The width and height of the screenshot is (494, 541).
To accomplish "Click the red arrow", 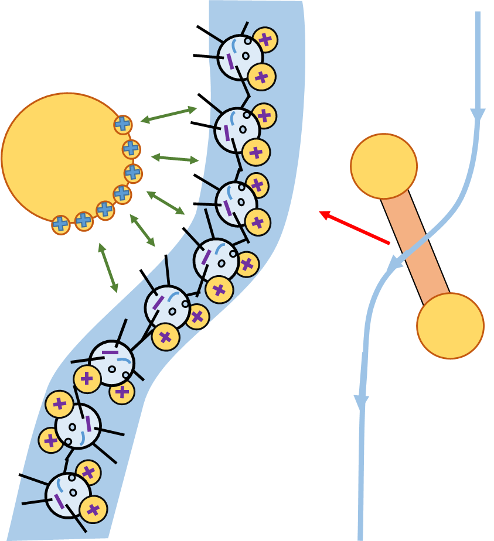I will [x=355, y=228].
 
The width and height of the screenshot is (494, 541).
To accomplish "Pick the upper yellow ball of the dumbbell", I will [x=384, y=166].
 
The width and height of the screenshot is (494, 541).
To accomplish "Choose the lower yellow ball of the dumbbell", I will [x=450, y=326].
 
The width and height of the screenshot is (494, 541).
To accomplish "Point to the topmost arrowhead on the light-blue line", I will [x=478, y=115].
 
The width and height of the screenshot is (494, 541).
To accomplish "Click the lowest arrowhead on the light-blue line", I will [x=362, y=402].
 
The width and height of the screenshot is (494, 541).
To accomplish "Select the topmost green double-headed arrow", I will [x=169, y=114].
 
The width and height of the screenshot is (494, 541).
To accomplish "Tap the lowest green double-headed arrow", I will [x=108, y=268].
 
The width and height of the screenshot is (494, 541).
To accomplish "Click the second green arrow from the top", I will [x=175, y=158].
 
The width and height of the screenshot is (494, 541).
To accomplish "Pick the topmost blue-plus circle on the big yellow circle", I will [x=122, y=124].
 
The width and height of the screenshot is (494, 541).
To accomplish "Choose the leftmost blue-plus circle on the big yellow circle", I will [x=60, y=224].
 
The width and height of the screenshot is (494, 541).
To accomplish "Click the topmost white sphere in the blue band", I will [x=240, y=57].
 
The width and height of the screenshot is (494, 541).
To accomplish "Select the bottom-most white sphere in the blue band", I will [x=68, y=495].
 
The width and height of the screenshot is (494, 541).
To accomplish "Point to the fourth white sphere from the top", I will [x=216, y=261].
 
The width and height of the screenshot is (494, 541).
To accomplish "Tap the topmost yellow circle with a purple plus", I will [x=265, y=40].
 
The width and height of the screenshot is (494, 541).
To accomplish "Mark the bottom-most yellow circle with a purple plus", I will [x=93, y=509].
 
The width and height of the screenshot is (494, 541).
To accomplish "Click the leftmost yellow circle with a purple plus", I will [x=51, y=440].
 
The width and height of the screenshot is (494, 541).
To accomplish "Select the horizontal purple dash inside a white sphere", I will [x=110, y=352].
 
